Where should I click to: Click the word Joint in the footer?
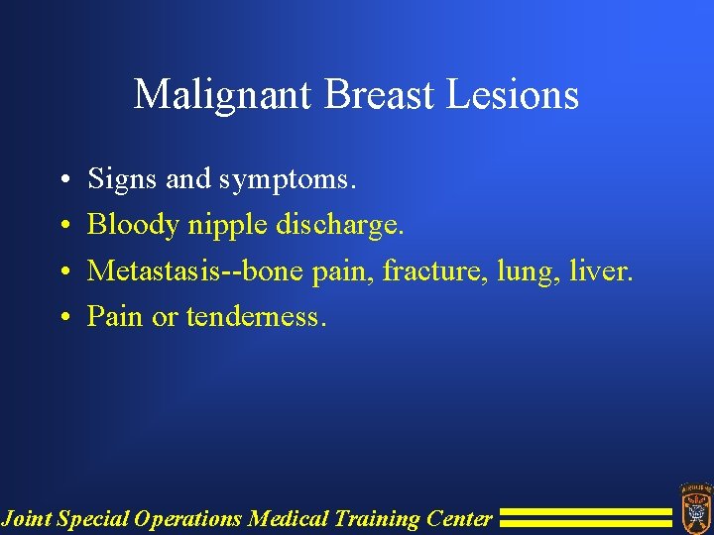click(28, 518)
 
